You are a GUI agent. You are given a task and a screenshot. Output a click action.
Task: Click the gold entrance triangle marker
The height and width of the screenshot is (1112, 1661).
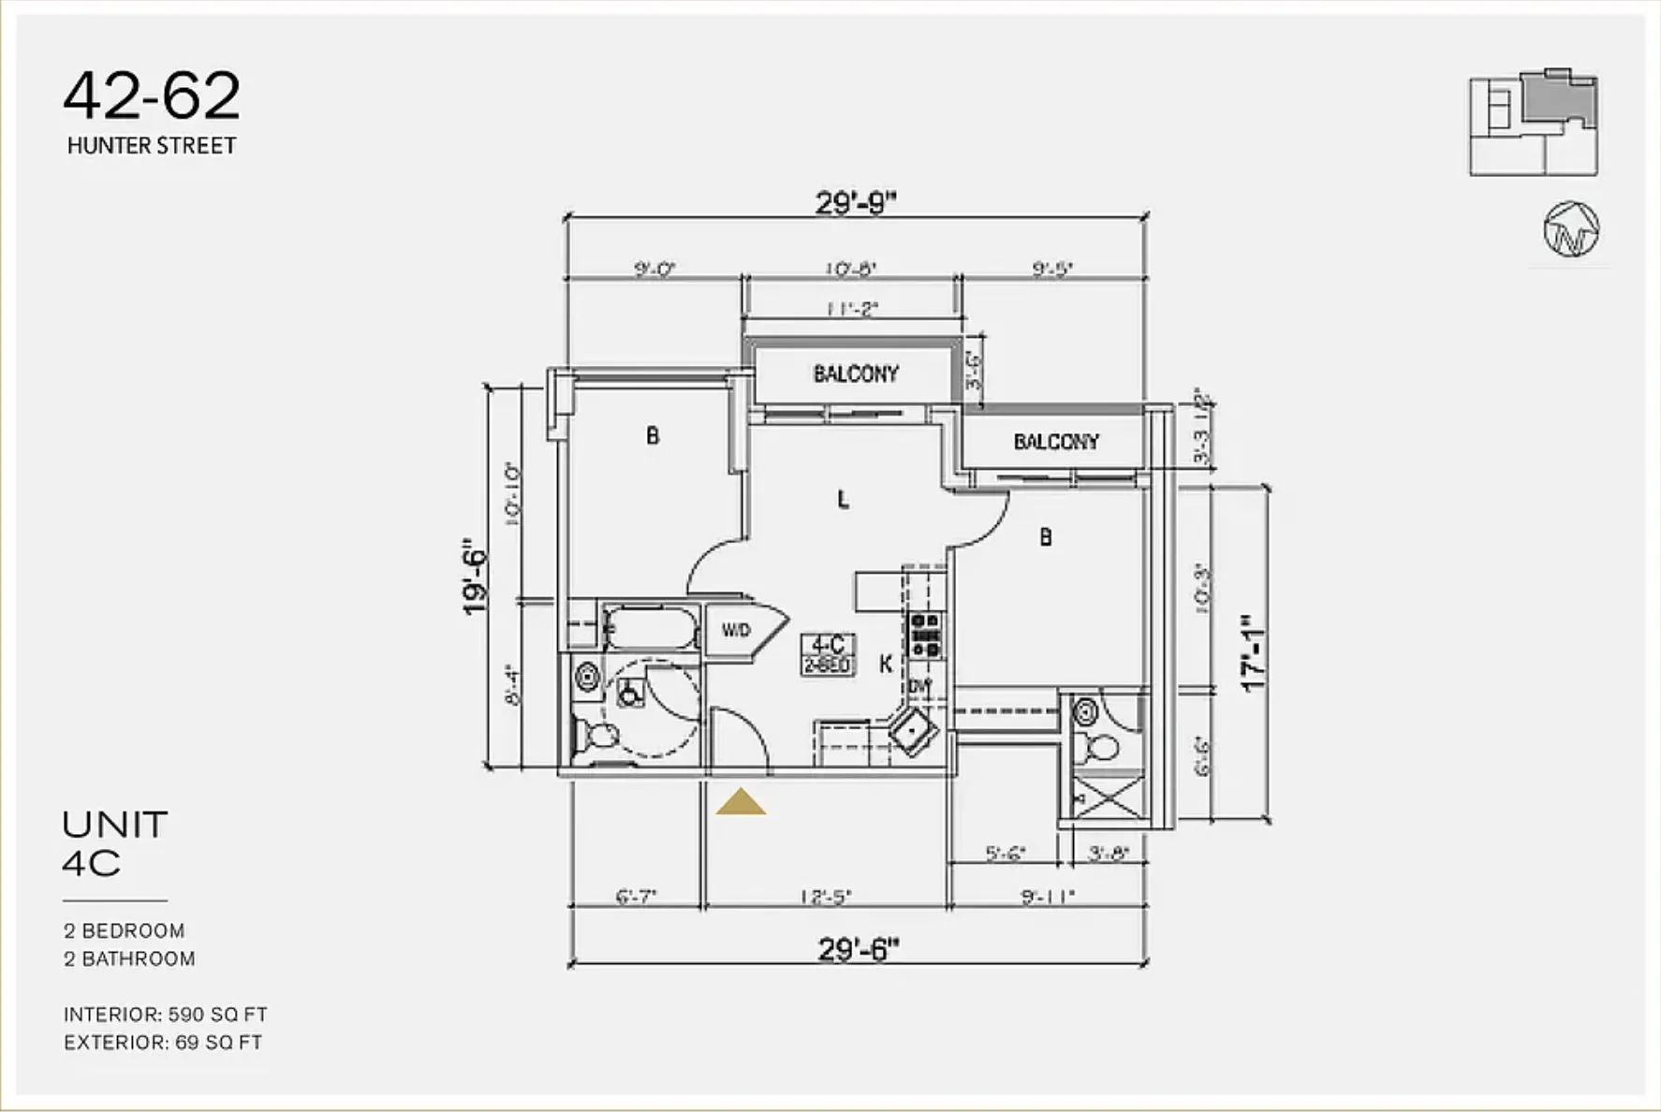[x=741, y=802]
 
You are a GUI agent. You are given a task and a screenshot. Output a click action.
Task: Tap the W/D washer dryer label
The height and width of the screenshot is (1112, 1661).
[x=736, y=631]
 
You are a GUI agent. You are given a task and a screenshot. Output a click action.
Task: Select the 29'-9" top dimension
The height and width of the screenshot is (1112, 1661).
[x=855, y=202]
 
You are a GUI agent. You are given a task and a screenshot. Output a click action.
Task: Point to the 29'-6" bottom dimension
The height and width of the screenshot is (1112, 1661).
[x=858, y=949]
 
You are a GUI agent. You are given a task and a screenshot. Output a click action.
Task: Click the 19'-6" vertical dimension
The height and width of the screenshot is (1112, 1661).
[x=476, y=580]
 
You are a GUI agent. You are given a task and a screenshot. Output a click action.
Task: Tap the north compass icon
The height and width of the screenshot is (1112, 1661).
[x=1571, y=229]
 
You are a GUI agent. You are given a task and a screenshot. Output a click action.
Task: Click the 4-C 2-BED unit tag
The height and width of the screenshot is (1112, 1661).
[x=828, y=654]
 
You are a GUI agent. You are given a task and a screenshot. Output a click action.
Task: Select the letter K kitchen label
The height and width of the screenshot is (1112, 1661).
[x=885, y=665]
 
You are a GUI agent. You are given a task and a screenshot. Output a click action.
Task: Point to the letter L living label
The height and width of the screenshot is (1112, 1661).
[x=843, y=500]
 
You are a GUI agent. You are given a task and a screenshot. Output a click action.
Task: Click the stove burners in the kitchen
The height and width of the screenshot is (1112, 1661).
[x=925, y=635]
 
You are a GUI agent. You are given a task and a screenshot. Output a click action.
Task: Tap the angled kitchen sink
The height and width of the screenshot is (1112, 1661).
[x=915, y=731]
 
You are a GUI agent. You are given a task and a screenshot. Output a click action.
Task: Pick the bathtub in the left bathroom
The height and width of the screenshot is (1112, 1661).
[x=651, y=627]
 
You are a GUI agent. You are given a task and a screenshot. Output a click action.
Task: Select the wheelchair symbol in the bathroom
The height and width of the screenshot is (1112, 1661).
[x=629, y=693]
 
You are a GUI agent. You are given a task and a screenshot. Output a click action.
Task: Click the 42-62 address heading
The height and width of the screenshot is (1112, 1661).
[x=152, y=96]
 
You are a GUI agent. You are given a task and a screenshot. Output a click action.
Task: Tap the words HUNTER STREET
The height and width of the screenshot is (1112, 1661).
[x=152, y=146]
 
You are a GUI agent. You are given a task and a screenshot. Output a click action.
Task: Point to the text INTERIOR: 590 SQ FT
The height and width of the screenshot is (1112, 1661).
[x=166, y=1015]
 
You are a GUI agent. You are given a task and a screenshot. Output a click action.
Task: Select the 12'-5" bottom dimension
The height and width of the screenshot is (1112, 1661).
[x=825, y=897]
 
